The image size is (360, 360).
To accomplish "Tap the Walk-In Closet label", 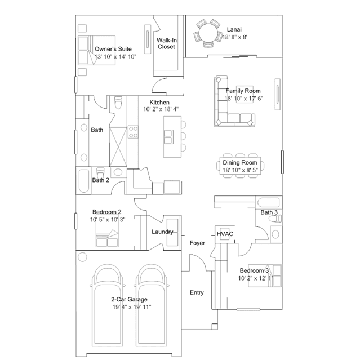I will point(166,44).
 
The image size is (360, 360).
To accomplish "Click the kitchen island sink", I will point(168,134).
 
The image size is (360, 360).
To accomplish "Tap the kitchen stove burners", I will point(134,132).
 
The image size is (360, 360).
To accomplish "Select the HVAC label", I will point(225,234).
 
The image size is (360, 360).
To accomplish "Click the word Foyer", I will point(197,243).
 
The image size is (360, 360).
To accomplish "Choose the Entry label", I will point(197,292).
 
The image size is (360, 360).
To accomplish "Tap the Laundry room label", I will point(162,232).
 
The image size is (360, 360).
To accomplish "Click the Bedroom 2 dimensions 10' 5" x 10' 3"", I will point(107,219).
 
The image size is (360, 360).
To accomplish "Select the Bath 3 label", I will point(269,212).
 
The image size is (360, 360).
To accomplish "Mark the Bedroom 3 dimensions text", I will point(256,278).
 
